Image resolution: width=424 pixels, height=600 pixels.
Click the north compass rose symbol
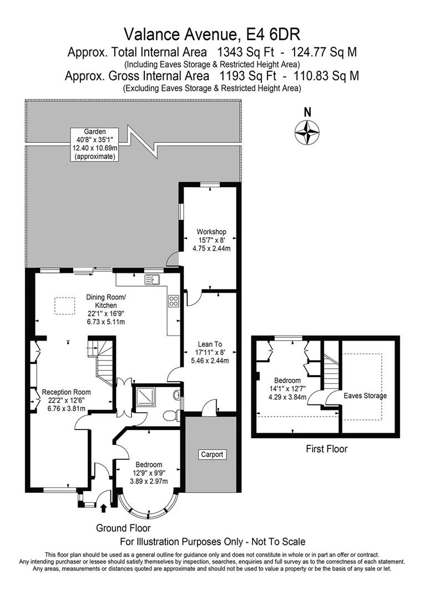coord(307,132)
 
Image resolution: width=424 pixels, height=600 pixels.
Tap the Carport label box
coord(212,454)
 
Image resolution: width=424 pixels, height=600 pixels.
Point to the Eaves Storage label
coord(365,396)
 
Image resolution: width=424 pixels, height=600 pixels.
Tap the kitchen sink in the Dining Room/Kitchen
coord(152,278)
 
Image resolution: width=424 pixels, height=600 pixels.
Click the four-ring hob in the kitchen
coord(173,302)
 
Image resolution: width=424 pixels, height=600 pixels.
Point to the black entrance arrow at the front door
coord(104,506)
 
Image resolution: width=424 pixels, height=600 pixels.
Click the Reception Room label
coord(66,400)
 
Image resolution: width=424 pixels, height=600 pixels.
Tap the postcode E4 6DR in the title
coord(272,34)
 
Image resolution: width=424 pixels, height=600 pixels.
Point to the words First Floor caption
coord(326,448)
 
